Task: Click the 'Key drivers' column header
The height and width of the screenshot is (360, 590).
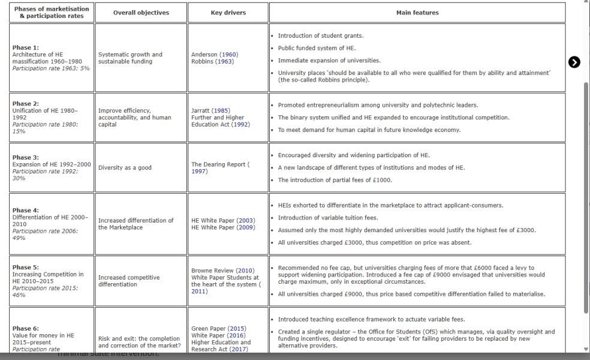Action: pos(228,13)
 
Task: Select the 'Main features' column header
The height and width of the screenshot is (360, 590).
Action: pos(417,13)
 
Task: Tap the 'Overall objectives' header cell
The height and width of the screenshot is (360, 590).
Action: pos(141,13)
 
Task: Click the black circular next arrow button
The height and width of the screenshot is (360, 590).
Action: pos(574,62)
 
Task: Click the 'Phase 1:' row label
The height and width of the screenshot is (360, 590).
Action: pos(26,47)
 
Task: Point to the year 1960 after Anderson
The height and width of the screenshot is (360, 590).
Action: pos(226,55)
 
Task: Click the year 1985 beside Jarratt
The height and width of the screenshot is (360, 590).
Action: pos(221,110)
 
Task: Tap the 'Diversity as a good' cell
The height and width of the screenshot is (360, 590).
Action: pos(125,168)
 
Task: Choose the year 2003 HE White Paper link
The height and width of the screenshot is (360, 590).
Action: pos(246,221)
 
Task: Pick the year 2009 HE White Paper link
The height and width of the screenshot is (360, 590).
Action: pos(246,227)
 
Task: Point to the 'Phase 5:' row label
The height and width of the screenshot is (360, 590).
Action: pos(26,268)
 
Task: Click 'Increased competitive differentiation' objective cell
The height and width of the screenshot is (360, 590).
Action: pos(129,281)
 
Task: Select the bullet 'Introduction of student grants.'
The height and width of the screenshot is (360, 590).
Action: pos(320,36)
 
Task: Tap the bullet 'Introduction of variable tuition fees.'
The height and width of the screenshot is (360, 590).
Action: pos(327,218)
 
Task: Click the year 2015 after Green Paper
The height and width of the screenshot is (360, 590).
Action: pos(236,329)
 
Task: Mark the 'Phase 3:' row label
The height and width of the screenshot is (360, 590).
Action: pos(26,157)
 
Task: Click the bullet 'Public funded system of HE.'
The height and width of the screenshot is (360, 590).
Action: pos(317,48)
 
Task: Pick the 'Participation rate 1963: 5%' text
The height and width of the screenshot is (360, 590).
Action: pos(51,68)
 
